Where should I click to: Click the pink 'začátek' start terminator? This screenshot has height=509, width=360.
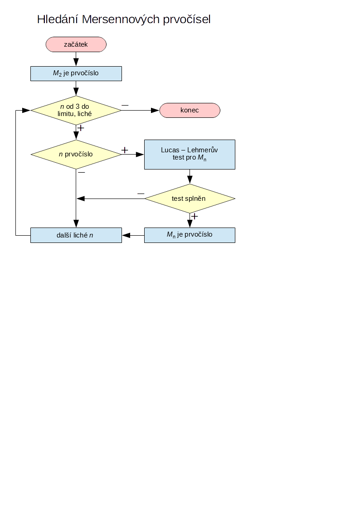76,44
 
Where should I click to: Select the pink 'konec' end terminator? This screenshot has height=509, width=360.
190,110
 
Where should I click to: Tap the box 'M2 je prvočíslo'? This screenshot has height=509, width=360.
76,73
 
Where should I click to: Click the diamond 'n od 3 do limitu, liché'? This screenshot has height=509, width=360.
76,110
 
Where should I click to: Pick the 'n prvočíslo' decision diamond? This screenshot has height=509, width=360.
76,154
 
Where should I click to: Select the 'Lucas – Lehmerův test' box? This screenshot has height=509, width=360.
190,154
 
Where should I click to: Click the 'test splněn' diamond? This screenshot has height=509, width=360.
190,199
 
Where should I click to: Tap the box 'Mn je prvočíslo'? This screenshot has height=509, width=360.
190,235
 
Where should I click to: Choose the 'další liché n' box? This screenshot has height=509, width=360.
76,235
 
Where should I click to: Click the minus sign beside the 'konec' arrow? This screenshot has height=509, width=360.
125,106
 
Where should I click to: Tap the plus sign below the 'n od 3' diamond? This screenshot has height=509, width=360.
81,128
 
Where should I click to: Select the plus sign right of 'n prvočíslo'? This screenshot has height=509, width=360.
125,150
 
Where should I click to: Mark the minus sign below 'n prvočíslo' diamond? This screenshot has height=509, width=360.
82,172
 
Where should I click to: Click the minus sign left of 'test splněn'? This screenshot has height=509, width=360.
141,194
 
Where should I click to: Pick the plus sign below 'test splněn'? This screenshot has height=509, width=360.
195,216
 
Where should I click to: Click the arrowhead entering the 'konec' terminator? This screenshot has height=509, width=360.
155,110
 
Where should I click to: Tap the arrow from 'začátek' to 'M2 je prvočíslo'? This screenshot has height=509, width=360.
76,59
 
